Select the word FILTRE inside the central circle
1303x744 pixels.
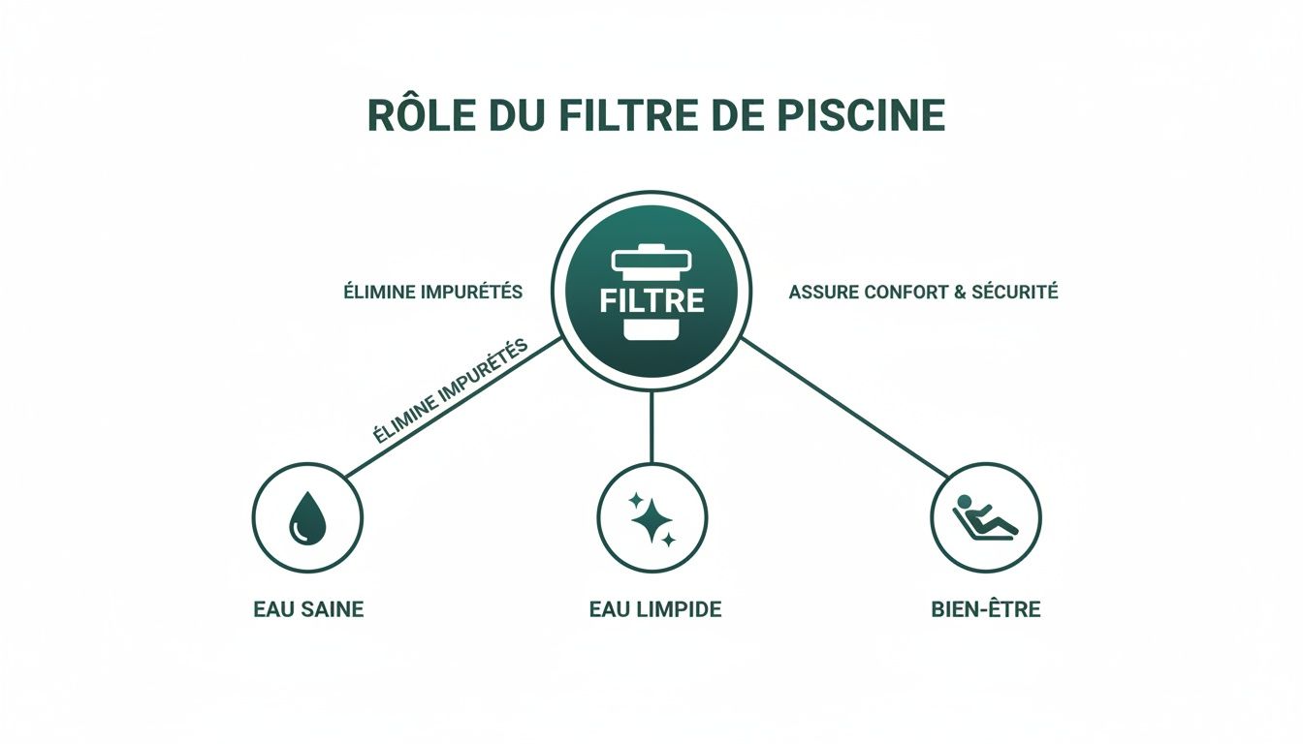coord(651,299)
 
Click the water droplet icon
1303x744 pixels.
coord(306,517)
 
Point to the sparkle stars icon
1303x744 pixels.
coord(652,517)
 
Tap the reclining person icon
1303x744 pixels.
coord(985,517)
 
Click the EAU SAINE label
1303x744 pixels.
coord(308,610)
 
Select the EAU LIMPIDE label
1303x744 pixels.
coord(655,610)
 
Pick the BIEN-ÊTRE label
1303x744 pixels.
coord(984,610)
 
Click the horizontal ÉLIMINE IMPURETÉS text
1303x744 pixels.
coord(433,292)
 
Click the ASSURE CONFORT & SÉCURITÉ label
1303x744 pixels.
coord(923,292)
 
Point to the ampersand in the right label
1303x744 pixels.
coord(961,292)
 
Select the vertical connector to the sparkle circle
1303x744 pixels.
coord(651,426)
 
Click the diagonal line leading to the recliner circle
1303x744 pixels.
coord(843,406)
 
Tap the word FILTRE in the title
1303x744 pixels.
coord(624,115)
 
